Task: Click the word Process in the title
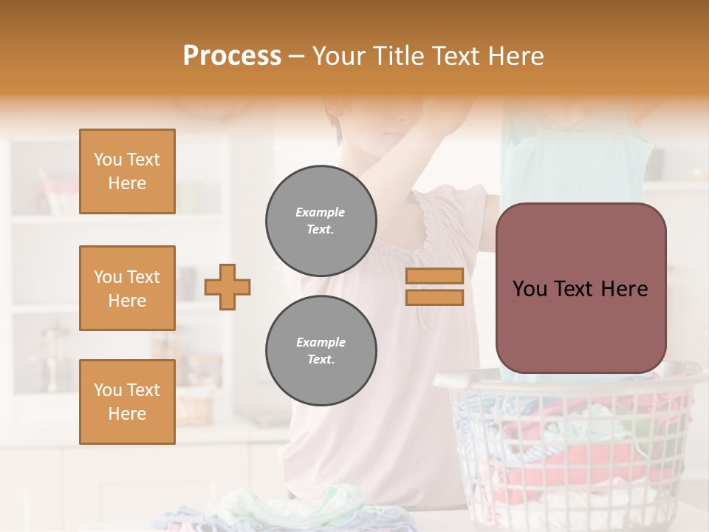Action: (232, 56)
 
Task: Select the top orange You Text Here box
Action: (127, 171)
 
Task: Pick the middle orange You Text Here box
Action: (127, 288)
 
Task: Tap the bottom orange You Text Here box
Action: (127, 402)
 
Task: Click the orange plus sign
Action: (227, 287)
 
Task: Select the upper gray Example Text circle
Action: (321, 221)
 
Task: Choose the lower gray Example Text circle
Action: (321, 351)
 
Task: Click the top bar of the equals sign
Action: (434, 276)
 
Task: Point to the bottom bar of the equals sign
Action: (434, 297)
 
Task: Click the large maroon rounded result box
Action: (580, 288)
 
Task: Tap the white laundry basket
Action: (569, 451)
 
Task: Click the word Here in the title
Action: (517, 56)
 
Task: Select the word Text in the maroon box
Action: (580, 289)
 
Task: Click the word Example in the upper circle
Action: (321, 212)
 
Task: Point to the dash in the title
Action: (297, 57)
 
